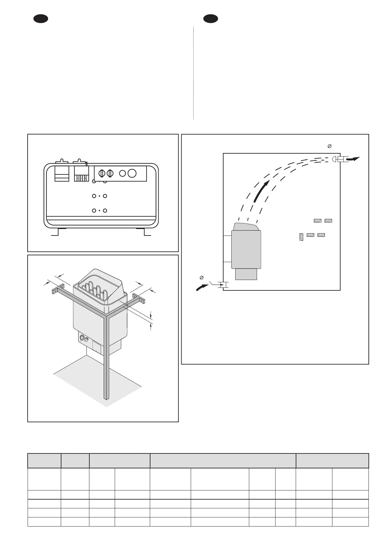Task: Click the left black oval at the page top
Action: (41, 19)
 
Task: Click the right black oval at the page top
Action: (211, 19)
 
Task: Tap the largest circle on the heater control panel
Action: (132, 173)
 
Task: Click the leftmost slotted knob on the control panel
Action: (101, 173)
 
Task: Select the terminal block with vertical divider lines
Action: (81, 174)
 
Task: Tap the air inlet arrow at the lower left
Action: (202, 287)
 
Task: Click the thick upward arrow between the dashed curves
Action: (261, 192)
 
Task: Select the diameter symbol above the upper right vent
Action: (329, 146)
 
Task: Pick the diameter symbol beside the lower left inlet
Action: (201, 277)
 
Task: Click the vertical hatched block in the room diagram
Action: (301, 237)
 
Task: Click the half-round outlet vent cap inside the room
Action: (335, 159)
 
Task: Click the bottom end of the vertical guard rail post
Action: (105, 397)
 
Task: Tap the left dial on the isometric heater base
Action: (82, 337)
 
